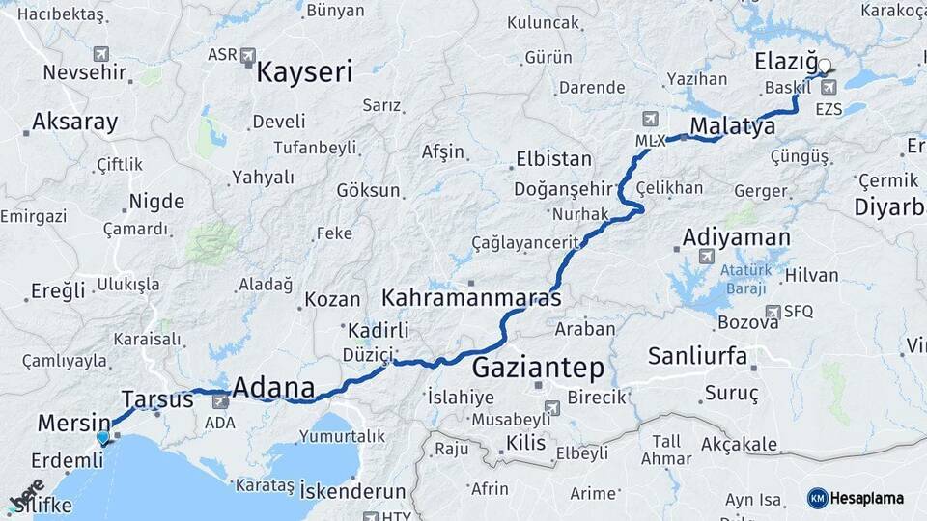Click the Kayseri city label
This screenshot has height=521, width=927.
coord(305,70)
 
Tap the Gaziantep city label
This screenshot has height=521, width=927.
coord(538,368)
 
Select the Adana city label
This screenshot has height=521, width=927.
coord(274,389)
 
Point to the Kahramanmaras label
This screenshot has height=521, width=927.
coord(471,297)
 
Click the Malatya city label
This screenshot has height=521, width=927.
coord(733,126)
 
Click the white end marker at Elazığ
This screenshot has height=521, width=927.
coord(825,67)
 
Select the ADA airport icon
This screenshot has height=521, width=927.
coord(220,400)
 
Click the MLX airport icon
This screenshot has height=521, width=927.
coord(649,120)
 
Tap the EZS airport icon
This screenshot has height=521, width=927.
coord(828,89)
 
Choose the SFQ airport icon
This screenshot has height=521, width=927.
coord(772,312)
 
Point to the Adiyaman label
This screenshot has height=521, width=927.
coord(736,236)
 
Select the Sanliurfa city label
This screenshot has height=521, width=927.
coord(697,356)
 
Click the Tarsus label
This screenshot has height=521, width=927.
coord(157,398)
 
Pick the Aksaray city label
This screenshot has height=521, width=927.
coord(74,123)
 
